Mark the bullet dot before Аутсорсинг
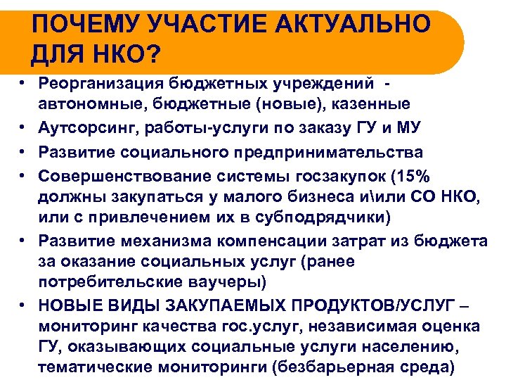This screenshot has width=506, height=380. point(23,129)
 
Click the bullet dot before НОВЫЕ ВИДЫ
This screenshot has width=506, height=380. point(23,305)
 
